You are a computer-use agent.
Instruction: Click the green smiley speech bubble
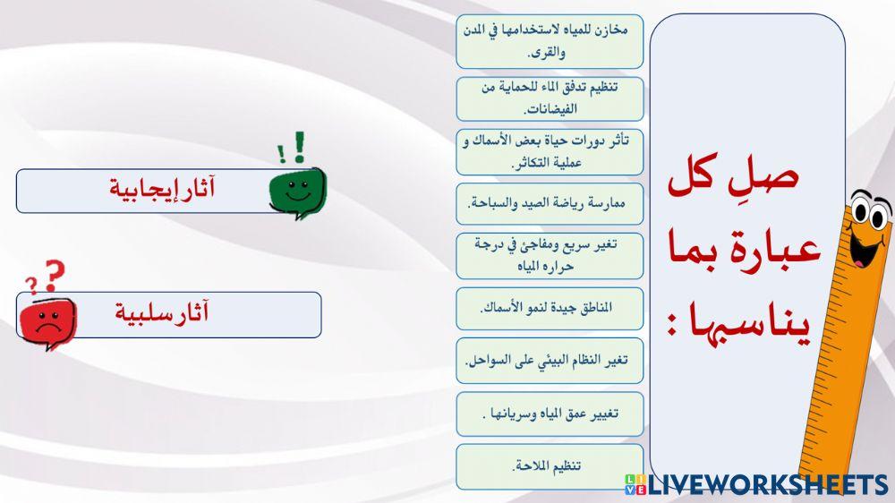coord(296,192)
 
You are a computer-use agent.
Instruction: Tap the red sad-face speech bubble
coord(46,318)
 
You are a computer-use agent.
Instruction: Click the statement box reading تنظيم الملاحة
coord(549,466)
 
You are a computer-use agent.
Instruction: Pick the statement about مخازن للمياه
coord(549,41)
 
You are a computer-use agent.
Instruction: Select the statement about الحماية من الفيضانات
coord(549,98)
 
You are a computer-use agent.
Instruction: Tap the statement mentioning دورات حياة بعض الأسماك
coord(549,151)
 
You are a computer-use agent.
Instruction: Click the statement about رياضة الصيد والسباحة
coord(549,205)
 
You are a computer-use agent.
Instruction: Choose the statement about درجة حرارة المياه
coord(549,255)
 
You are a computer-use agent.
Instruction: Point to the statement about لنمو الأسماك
coord(549,309)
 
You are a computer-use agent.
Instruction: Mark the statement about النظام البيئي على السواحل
coord(549,361)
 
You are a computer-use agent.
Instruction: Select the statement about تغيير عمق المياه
coord(549,414)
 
